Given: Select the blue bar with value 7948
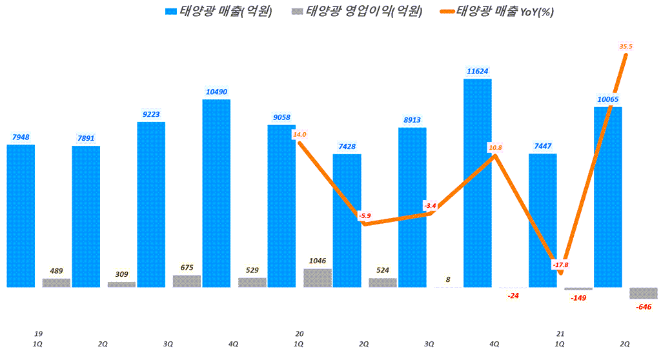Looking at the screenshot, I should coord(21,215).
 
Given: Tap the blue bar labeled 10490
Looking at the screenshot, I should coord(216,193).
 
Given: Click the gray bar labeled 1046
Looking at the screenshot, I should coord(318,277).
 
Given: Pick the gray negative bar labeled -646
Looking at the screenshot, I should coord(644,293).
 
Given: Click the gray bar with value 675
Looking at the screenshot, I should coord(187,281).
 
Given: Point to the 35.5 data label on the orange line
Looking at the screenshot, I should coord(625,46).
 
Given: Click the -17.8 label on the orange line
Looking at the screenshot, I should coord(560,265).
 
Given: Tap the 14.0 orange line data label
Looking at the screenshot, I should coord(299,135).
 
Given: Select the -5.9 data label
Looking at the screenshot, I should coord(364,215).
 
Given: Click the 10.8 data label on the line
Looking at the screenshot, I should coord(495,148).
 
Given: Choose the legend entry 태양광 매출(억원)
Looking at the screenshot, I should coord(218,11).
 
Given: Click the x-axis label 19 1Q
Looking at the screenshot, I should coord(38,339).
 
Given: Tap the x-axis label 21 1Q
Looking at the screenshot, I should coord(560,339).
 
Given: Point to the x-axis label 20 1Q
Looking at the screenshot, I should coord(299,339).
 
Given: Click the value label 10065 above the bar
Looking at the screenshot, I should coord(607,99).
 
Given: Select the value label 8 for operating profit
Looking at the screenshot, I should coord(447,279).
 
